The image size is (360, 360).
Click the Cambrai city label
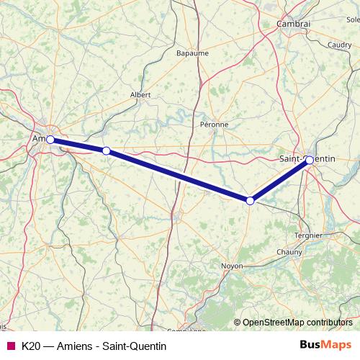[x=293, y=24]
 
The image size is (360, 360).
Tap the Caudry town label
[x=338, y=45]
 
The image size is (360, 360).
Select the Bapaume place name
[x=192, y=53]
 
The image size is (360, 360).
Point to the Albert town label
[x=140, y=94]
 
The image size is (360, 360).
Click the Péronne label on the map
[x=214, y=124]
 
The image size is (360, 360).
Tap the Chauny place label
[x=289, y=252]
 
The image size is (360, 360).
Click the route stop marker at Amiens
[x=50, y=140]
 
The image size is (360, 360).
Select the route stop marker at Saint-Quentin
[x=309, y=160]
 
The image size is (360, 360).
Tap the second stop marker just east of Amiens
[x=106, y=150]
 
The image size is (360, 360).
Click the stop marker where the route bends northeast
[x=250, y=201]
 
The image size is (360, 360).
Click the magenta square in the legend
[x=10, y=346]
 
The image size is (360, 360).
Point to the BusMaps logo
[x=325, y=346]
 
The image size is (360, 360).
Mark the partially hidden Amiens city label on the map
[x=40, y=138]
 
